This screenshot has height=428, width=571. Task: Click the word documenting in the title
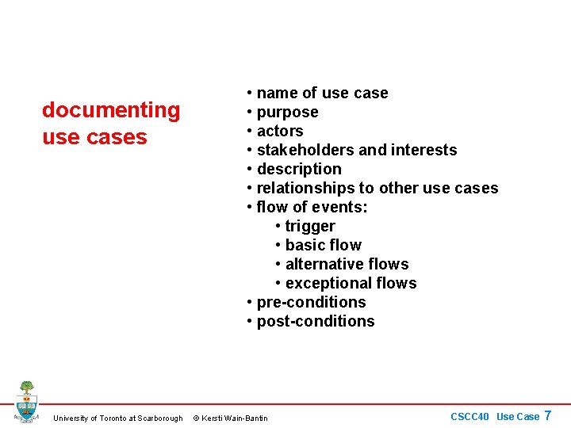(111, 109)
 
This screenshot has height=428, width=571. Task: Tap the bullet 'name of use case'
(322, 93)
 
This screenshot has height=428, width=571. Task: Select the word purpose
(287, 112)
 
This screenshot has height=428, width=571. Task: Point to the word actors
(280, 131)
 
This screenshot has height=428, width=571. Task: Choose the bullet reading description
(299, 169)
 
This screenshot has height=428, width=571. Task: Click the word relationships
(305, 188)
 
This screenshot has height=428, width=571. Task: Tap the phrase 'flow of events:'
(312, 207)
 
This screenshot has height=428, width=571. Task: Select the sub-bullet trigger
(310, 226)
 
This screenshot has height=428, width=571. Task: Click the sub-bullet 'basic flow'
(323, 245)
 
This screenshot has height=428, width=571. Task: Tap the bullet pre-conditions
(311, 302)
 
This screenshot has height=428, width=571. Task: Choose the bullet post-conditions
(316, 321)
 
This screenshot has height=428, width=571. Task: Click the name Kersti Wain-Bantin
(236, 418)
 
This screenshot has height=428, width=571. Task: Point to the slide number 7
(547, 415)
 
